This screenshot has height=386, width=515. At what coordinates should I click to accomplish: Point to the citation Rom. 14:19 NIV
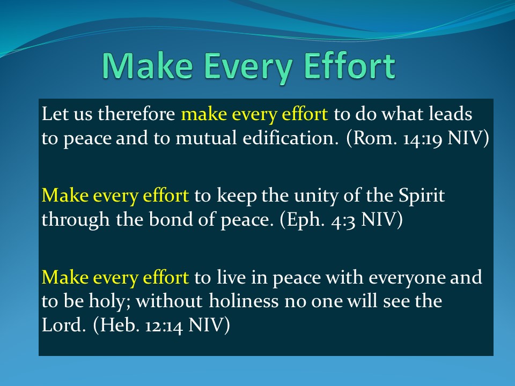click(x=417, y=138)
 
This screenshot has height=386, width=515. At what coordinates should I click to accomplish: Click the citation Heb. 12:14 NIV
click(x=161, y=325)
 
